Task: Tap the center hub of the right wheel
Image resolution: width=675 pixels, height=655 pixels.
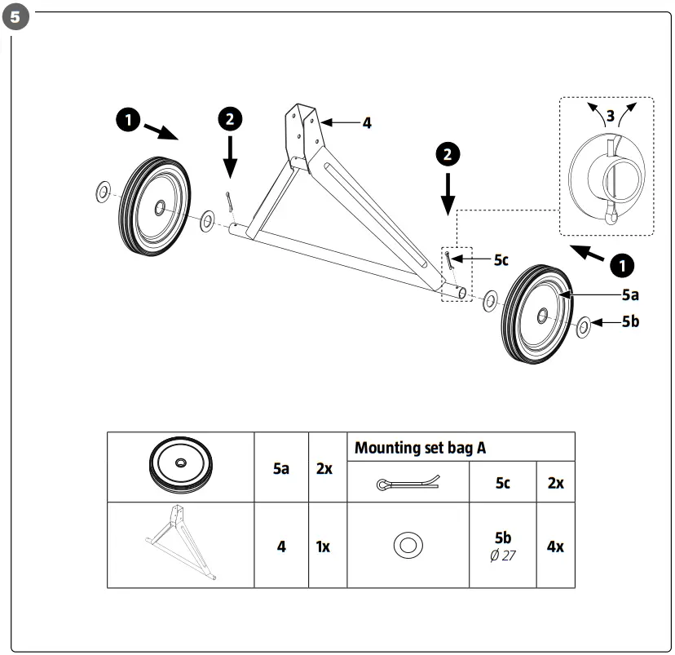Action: (542, 314)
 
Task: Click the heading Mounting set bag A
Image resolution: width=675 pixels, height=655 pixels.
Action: (420, 448)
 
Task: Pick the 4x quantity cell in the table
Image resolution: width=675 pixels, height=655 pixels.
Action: (555, 546)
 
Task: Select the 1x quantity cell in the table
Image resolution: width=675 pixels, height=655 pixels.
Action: (323, 546)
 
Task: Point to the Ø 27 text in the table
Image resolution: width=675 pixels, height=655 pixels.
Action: (502, 555)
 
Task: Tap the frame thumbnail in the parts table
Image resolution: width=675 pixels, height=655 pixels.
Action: (180, 544)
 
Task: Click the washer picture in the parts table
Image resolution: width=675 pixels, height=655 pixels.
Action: (407, 545)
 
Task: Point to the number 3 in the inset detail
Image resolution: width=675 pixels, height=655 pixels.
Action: (610, 116)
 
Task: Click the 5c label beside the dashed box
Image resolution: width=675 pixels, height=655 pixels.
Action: (501, 259)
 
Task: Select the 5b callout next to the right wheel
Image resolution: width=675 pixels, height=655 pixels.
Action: (630, 321)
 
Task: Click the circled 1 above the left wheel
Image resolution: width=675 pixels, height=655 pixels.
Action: (126, 120)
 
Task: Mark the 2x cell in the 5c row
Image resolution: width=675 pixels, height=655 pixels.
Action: (555, 482)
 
